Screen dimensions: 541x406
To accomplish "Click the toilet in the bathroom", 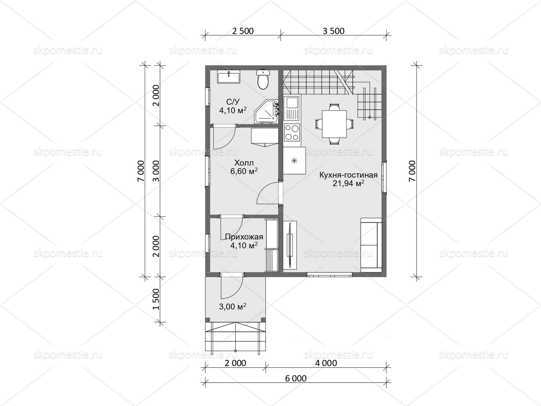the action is (263, 79).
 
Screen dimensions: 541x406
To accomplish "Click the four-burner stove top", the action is (292, 132).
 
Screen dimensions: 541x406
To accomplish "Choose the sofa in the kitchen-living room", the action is (371, 245).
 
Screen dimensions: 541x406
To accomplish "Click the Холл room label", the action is (244, 163).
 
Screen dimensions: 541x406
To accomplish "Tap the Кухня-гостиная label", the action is (348, 175).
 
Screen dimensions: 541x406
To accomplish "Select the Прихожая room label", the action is (244, 237).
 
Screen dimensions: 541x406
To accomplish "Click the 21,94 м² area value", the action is (348, 183).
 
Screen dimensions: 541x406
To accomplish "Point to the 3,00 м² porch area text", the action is (232, 307).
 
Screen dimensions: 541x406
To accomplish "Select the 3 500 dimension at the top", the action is (333, 31).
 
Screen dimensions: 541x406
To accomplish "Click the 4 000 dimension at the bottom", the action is (326, 363).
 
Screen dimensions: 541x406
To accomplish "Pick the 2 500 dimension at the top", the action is (243, 31).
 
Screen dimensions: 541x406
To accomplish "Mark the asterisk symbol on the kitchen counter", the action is (294, 161).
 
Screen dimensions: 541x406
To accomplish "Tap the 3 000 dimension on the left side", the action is (156, 171).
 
